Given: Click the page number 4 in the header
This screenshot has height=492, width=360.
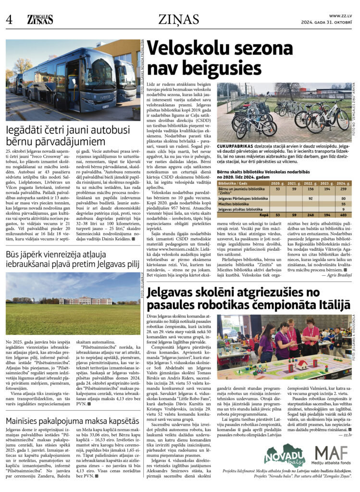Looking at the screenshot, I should (9, 20).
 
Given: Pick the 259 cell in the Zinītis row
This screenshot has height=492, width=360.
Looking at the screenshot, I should (343, 189).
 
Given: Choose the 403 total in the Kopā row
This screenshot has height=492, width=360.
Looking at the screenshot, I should (343, 215).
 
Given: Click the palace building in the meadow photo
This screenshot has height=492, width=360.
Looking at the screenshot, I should (85, 300).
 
